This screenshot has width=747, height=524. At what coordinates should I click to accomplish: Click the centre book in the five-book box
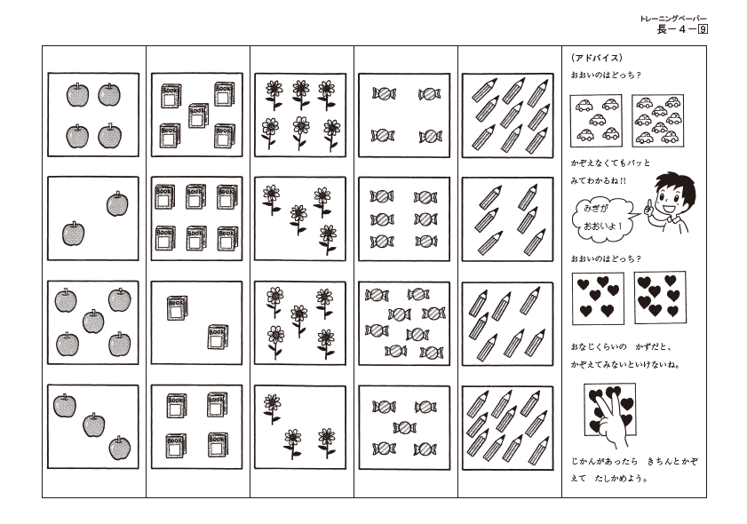pyautogui.click(x=198, y=115)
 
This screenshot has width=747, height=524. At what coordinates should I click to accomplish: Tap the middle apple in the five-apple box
pyautogui.click(x=93, y=322)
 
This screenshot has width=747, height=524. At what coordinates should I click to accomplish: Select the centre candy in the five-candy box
pyautogui.click(x=404, y=427)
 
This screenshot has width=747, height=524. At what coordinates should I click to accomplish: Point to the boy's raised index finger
pyautogui.click(x=648, y=207)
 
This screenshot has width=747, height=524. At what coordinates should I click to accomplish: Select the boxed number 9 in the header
pyautogui.click(x=703, y=29)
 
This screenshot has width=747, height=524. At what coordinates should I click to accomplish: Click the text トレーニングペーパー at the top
pyautogui.click(x=673, y=19)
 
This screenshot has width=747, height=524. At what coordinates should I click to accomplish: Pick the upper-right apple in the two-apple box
pyautogui.click(x=117, y=204)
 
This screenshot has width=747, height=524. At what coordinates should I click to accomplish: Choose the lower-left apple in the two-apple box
pyautogui.click(x=74, y=234)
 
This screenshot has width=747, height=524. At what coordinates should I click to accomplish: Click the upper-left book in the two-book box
pyautogui.click(x=178, y=307)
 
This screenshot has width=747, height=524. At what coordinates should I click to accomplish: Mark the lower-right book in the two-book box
pyautogui.click(x=218, y=337)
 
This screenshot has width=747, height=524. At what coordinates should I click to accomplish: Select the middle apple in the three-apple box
pyautogui.click(x=94, y=425)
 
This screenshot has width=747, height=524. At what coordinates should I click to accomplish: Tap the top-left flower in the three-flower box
pyautogui.click(x=272, y=409)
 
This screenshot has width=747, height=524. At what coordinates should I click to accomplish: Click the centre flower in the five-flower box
pyautogui.click(x=299, y=320)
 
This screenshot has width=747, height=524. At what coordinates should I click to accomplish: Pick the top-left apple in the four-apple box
pyautogui.click(x=77, y=95)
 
